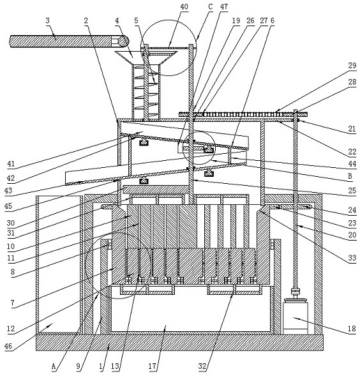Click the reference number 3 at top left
tap(47, 21)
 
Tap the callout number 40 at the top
tap(184, 6)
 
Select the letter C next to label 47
tap(210, 7)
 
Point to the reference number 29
tap(352, 66)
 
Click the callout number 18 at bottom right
tap(352, 329)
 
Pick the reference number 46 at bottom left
tap(8, 346)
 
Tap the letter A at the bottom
tap(54, 366)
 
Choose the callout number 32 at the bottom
tap(202, 366)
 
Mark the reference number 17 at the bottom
tap(153, 366)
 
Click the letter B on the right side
tap(350, 176)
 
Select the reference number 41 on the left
tap(11, 164)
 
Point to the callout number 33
tap(352, 258)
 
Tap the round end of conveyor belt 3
tap(123, 41)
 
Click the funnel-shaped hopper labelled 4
tap(146, 57)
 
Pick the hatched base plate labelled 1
tap(179, 343)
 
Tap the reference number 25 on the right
tap(352, 191)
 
